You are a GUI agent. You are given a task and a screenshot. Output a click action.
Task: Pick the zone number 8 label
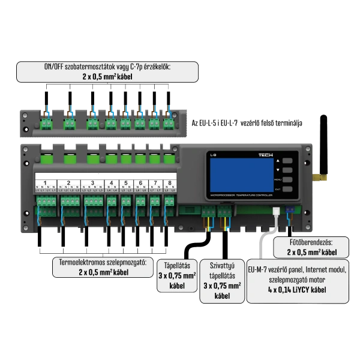click(170, 182)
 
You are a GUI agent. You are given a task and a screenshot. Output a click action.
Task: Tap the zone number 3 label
click(92, 182)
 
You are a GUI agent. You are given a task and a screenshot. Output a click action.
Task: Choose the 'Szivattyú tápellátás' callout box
click(222, 280)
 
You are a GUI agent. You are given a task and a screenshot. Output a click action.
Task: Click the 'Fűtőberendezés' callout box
click(310, 247)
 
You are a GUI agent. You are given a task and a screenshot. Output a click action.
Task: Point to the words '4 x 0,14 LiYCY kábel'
click(298, 290)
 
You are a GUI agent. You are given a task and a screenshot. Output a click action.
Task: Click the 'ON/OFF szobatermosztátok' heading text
click(108, 67)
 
